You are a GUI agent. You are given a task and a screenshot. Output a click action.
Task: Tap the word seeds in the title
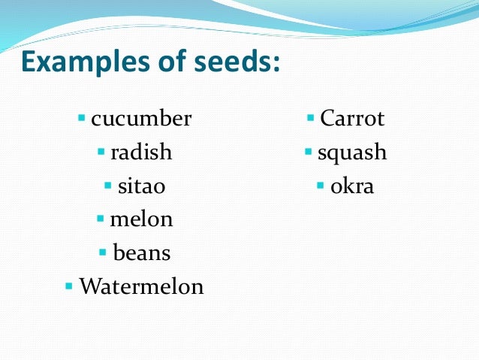[236, 63]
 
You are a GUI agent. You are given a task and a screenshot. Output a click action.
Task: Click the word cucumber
[141, 119]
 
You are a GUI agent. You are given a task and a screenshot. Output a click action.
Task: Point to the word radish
[141, 153]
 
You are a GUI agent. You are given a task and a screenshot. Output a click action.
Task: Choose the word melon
[141, 219]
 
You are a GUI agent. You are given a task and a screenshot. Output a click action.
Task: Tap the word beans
[142, 253]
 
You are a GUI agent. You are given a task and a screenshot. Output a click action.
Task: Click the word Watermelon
[141, 286]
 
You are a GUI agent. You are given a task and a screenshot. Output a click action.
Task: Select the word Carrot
[351, 119]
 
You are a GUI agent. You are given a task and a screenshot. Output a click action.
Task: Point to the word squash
[352, 153]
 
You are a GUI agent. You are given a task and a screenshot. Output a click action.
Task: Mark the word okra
[352, 186]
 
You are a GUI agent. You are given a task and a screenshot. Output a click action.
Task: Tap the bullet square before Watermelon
[69, 286]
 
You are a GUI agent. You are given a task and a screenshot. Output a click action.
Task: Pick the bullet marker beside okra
[321, 186]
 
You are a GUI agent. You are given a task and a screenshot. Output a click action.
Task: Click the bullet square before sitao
[108, 186]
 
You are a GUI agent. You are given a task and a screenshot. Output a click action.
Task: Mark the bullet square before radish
[101, 153]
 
